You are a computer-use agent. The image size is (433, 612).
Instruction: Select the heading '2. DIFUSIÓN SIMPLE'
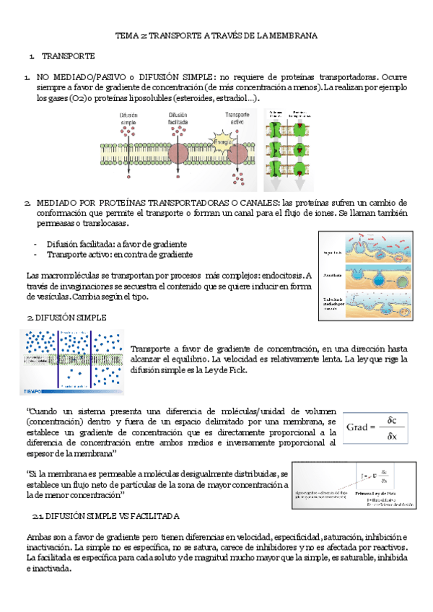66,317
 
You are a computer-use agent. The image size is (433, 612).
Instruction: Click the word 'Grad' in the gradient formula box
359,427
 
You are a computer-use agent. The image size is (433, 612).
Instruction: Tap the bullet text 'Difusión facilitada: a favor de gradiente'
116,244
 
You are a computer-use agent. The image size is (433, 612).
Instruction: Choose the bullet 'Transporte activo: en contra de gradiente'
119,254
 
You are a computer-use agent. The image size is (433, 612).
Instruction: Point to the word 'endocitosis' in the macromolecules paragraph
279,275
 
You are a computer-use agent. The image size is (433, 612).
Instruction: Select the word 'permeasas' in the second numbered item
56,224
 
